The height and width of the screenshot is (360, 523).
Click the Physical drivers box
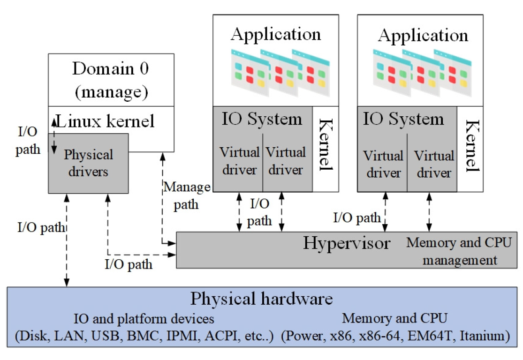(x=88, y=163)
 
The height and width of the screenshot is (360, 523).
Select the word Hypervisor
(x=346, y=243)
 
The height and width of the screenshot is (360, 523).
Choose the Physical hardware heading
(x=261, y=299)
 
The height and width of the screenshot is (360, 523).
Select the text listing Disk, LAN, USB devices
(x=144, y=336)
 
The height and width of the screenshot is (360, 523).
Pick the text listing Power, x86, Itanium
(x=395, y=336)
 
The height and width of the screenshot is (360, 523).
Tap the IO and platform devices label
(x=144, y=319)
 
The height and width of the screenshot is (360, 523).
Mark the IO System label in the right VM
(x=403, y=119)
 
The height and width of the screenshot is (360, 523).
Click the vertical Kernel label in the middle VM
(x=325, y=145)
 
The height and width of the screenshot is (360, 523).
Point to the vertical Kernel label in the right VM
(x=471, y=145)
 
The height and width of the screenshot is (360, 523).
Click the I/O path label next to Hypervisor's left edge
(x=128, y=264)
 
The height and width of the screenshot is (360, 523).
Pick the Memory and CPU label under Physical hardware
(x=394, y=319)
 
